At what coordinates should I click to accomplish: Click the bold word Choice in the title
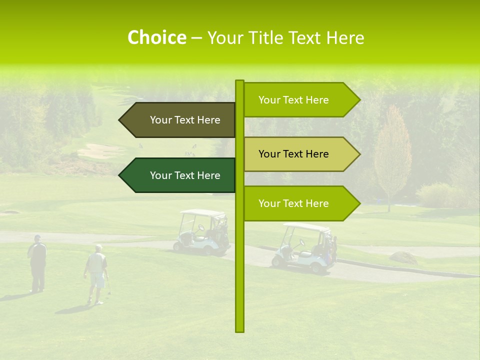pos(156,37)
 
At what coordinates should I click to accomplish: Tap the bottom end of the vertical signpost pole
pos(239,330)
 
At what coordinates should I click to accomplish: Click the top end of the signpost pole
pos(239,81)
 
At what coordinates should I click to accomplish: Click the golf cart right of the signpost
pos(305,248)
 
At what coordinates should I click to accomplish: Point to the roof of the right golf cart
pos(306,227)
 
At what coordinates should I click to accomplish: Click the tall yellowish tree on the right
pos(392,155)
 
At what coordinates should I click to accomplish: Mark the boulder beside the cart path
pos(403,257)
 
